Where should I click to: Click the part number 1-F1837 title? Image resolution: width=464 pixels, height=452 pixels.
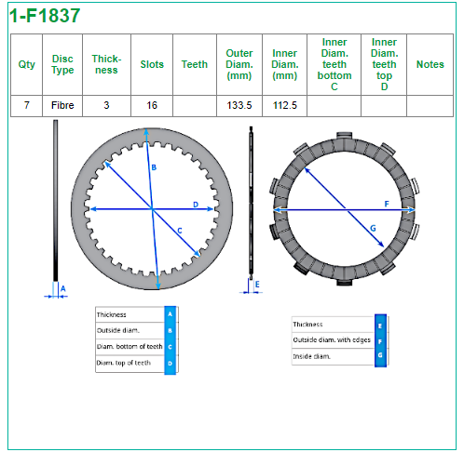tap(45, 16)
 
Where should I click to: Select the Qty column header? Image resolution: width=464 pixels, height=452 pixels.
tap(27, 64)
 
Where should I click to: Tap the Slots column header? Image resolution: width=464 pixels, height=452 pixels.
tap(152, 64)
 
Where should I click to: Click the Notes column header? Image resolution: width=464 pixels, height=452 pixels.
tap(430, 64)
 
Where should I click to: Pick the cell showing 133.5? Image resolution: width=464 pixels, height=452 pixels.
tap(239, 105)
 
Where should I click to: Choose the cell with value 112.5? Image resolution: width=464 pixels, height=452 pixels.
tap(285, 105)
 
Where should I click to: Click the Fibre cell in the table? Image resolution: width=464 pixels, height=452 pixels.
tap(62, 105)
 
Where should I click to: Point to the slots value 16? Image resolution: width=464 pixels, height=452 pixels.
tap(152, 105)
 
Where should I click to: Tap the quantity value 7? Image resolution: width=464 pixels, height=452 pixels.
tap(27, 105)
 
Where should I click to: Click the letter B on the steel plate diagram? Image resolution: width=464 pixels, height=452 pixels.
tap(154, 167)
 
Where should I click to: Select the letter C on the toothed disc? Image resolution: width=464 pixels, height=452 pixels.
tap(180, 231)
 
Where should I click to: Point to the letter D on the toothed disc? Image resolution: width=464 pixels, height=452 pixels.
tap(196, 205)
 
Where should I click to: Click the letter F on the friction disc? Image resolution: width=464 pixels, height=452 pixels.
tap(387, 204)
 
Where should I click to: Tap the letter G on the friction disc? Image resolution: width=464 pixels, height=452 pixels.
tap(373, 228)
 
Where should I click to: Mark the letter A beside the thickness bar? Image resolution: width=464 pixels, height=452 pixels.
tap(63, 288)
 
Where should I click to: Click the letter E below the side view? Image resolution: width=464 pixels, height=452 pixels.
tap(257, 284)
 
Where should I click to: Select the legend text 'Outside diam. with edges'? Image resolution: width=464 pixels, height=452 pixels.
tap(332, 339)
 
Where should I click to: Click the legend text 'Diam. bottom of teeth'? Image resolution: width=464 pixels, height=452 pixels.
tap(130, 346)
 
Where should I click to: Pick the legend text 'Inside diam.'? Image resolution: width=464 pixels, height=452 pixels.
tap(311, 356)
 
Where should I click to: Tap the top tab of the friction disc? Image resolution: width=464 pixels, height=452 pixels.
tap(345, 135)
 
